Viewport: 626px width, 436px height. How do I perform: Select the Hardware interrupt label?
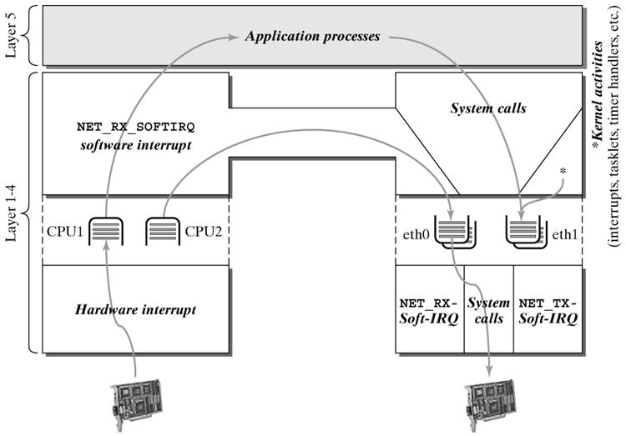point(135,309)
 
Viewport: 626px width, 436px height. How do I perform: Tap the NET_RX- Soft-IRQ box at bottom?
point(429,309)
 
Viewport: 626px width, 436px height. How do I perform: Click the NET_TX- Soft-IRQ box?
point(548,309)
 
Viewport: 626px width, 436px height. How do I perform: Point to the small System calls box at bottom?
point(488,309)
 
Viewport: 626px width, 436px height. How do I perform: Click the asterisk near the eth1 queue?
point(563,170)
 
